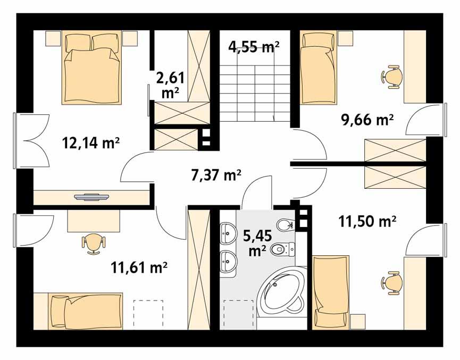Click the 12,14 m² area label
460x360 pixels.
(90, 143)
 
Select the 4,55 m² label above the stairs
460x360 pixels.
(254, 47)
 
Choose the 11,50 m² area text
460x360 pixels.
(367, 220)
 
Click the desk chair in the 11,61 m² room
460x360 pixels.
(93, 242)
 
